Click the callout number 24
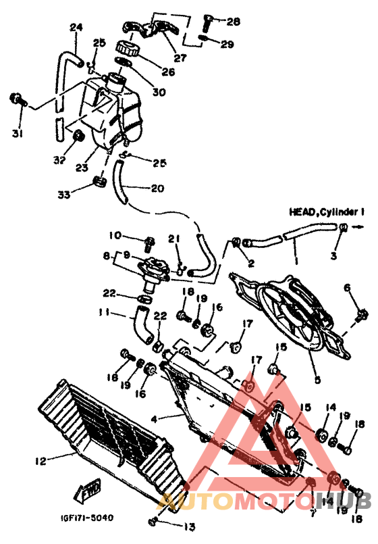coord(76,28)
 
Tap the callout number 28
coord(233,22)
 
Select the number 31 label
coord(17,134)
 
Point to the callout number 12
coord(40,462)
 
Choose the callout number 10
coord(115,236)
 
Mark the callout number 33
coord(63,195)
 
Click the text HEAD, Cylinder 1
coord(327,212)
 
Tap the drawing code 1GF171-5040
coord(83,518)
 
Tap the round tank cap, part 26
coord(126,49)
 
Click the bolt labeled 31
coord(16,100)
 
